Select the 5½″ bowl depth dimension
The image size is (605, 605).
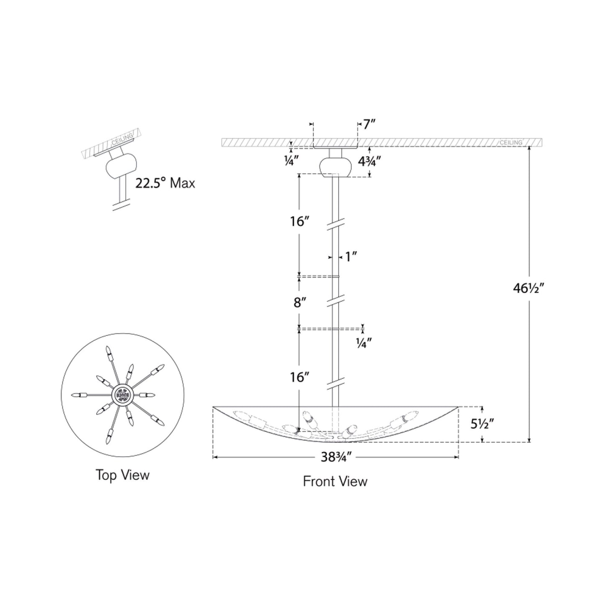click(483, 424)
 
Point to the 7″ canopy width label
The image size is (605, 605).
click(370, 125)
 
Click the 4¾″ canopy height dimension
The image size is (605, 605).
click(370, 161)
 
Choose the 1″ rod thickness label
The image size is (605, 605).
click(351, 257)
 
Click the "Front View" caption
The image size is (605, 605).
click(335, 481)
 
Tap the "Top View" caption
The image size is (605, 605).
click(122, 475)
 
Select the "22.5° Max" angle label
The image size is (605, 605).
click(165, 183)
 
